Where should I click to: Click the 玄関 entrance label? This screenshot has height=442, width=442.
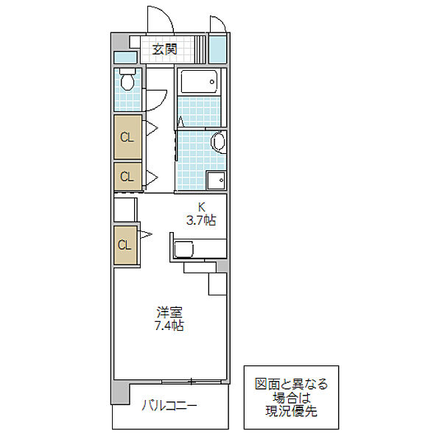click(x=164, y=49)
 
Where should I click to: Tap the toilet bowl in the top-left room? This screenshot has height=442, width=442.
click(x=127, y=80)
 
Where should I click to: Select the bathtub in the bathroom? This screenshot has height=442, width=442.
click(x=199, y=82)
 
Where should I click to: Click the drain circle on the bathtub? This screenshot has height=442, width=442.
click(x=212, y=82)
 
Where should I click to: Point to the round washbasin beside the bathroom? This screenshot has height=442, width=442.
click(x=219, y=142)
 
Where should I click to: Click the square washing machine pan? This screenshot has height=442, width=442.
click(x=217, y=180)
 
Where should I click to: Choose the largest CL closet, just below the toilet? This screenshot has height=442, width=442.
click(x=127, y=137)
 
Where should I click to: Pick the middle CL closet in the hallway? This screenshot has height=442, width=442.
click(x=127, y=177)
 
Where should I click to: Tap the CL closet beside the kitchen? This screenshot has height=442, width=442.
click(x=125, y=245)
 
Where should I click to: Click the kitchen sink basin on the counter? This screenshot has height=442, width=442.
click(x=183, y=249)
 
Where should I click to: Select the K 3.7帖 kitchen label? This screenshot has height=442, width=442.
click(x=201, y=214)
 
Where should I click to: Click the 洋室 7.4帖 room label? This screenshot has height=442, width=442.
click(x=169, y=319)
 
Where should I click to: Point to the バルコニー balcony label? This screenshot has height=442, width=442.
click(x=169, y=406)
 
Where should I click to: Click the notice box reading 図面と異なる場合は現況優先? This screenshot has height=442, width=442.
click(x=291, y=398)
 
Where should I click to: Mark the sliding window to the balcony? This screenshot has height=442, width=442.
click(x=192, y=382)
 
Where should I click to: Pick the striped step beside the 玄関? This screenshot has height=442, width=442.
click(x=200, y=49)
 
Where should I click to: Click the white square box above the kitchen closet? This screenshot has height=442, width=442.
click(x=125, y=209)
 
